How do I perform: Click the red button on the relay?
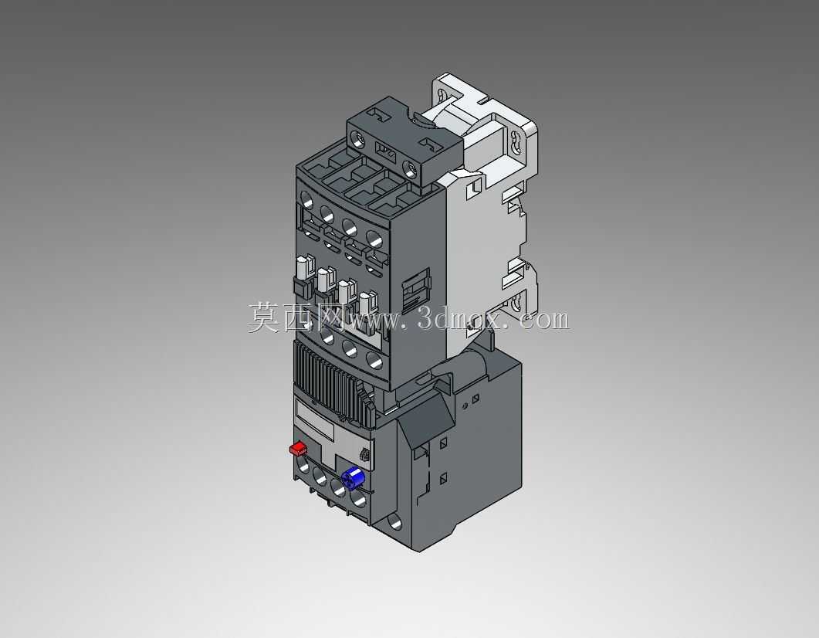click(298, 448)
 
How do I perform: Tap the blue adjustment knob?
click(353, 477)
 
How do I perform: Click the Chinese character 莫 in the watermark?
click(264, 317)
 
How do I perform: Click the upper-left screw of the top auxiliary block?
click(359, 139)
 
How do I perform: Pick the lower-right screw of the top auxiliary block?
click(411, 168)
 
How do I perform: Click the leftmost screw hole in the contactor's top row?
click(306, 199)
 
